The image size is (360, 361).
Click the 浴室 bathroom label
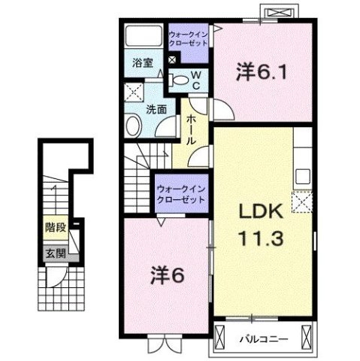pos(143,63)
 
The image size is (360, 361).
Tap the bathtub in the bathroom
pos(144,35)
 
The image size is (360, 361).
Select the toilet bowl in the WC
pos(178,80)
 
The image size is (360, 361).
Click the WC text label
pos(196,80)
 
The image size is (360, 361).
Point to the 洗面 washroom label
pos(156,109)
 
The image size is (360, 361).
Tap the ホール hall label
pos(191,129)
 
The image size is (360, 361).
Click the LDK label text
pos(262,211)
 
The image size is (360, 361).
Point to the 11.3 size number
pos(262,238)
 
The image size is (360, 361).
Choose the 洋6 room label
pos(168,275)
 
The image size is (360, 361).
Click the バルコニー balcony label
pos(264,339)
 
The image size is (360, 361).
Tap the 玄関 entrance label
pos(56,253)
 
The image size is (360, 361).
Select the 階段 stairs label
pos(56,227)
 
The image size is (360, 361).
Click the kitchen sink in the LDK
pos(303,177)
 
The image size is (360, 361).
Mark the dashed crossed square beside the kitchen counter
pos(302,202)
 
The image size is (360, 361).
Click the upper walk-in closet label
pos(188,39)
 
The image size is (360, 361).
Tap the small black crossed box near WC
pos(172,59)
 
